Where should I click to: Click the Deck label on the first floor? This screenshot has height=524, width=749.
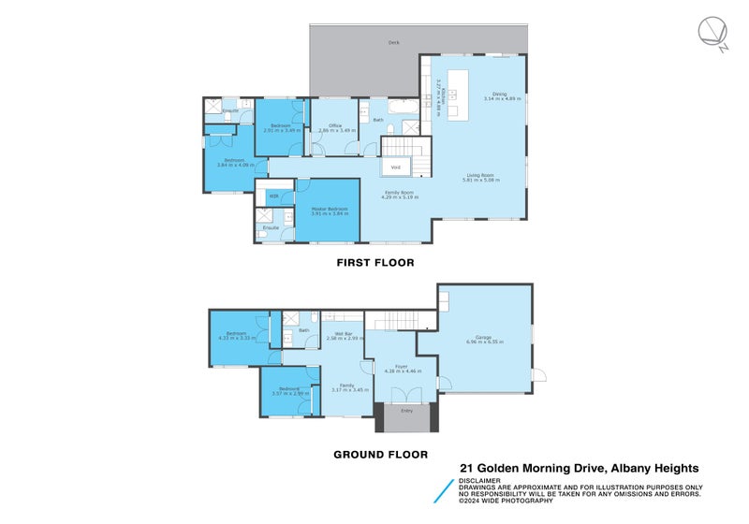[x=393, y=43]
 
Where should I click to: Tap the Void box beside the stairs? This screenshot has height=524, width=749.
[x=396, y=167]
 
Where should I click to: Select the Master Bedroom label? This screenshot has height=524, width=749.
[x=328, y=209]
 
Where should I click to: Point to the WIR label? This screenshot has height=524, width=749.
[x=273, y=196]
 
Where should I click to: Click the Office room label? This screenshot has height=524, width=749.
[x=334, y=125]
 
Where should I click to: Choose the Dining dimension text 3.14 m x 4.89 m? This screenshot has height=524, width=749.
[x=502, y=98]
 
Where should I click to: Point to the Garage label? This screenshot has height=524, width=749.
[x=484, y=337]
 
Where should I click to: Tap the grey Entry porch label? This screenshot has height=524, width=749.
[x=406, y=410]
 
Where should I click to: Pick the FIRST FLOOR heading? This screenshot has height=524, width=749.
[x=374, y=263]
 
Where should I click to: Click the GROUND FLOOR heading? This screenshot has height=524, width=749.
[x=380, y=455]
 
